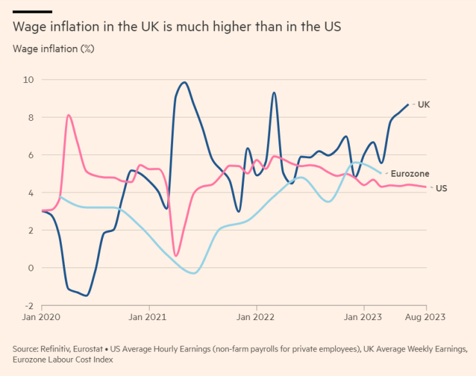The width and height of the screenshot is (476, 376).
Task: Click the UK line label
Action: (423, 103)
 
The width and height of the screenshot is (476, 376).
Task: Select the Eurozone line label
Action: (410, 174)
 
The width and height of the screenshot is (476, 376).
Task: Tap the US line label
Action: (441, 188)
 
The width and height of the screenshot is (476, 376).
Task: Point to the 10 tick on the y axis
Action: (29, 80)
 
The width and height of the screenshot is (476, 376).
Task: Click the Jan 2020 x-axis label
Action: (41, 317)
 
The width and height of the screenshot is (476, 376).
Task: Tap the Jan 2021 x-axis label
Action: (148, 317)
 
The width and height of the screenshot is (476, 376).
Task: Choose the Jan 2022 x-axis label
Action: (255, 317)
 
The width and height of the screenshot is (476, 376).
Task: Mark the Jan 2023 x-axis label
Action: (362, 317)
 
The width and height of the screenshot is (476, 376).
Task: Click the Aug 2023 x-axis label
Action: (425, 317)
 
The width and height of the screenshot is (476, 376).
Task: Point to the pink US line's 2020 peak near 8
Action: (68, 115)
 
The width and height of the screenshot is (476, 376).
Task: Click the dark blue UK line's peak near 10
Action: (185, 82)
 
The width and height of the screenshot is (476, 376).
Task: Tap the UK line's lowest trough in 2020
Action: (86, 296)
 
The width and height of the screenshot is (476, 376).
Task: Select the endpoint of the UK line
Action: (408, 104)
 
